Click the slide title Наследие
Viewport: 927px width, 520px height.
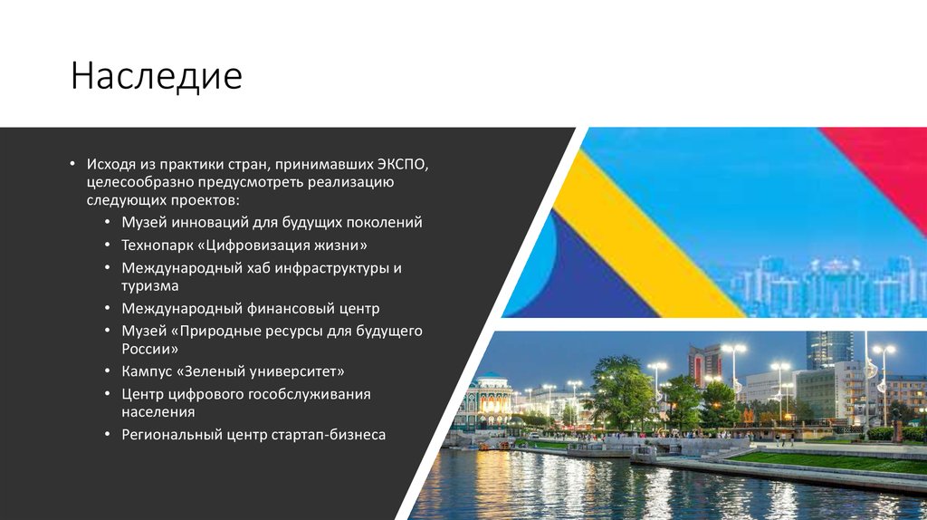[157, 77]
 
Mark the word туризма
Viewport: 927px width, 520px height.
[149, 284]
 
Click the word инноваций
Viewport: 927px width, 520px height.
[203, 222]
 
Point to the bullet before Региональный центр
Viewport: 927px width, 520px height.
[108, 435]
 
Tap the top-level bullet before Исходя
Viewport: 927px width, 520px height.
[72, 165]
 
